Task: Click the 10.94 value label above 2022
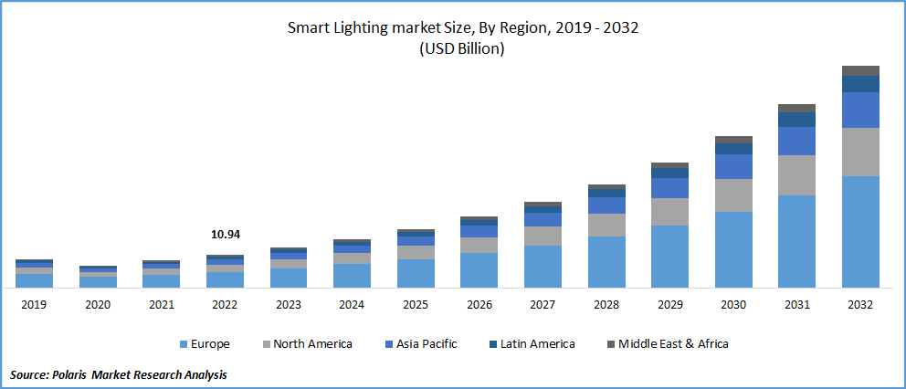225,235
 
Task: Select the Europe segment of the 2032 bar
860,232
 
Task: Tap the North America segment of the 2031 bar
796,174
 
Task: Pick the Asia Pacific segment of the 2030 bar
733,166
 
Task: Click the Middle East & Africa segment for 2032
860,70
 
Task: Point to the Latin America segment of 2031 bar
796,120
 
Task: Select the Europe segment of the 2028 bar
606,262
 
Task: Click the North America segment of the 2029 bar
669,212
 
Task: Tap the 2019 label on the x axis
34,305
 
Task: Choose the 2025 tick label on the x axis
416,305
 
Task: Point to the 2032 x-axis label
860,305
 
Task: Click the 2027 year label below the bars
543,305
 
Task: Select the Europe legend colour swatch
185,344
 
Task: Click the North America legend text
312,344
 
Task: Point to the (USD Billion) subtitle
462,49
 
